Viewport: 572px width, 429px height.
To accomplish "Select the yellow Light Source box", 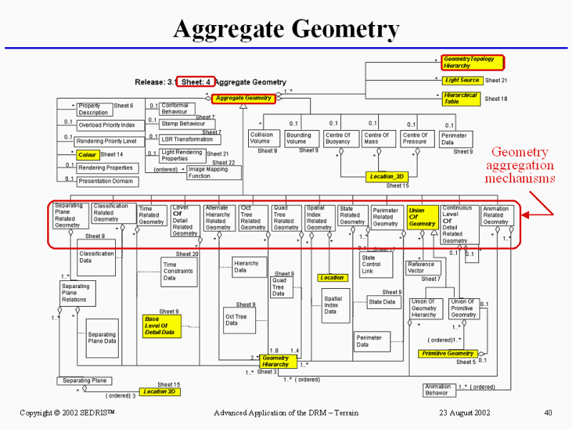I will [x=462, y=81].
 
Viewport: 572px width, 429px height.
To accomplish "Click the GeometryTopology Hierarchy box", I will [x=473, y=62].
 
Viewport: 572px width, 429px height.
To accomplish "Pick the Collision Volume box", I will [x=261, y=138].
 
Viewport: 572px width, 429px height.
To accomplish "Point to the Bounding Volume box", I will [x=299, y=138].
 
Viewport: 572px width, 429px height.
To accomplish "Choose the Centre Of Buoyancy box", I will [x=337, y=138].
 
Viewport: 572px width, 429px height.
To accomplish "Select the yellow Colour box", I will [x=87, y=154].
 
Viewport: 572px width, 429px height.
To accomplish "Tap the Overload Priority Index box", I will [x=107, y=125].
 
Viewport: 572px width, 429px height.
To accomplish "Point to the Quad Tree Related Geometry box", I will [x=286, y=217].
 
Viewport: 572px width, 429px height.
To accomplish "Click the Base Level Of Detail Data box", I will [x=161, y=326].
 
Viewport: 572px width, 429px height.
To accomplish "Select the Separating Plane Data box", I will [x=102, y=337].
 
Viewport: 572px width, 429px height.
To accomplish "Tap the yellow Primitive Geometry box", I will [x=448, y=353].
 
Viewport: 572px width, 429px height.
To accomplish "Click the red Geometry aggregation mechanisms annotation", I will [x=521, y=165].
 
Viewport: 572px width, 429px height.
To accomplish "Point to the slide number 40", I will [x=548, y=413].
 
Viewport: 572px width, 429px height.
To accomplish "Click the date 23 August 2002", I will [x=464, y=413].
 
